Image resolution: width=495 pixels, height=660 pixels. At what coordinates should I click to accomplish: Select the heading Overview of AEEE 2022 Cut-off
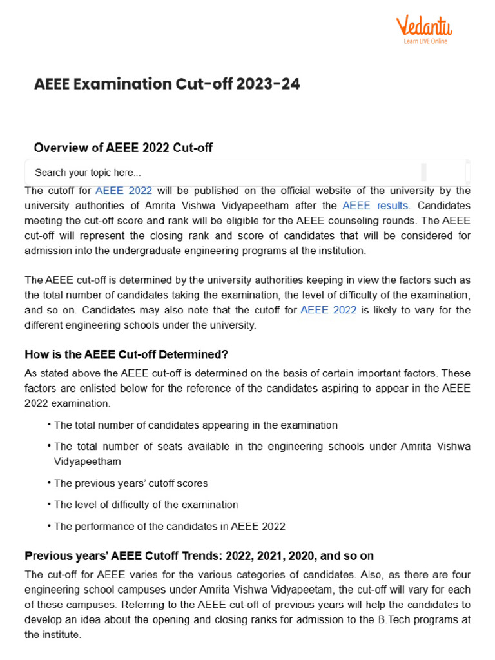click(x=123, y=148)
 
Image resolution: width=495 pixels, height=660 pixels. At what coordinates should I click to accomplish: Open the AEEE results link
click(x=376, y=206)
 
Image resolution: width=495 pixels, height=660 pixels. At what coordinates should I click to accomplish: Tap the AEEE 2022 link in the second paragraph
click(x=328, y=310)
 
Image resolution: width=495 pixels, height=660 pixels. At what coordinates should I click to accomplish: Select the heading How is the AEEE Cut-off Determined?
click(x=126, y=354)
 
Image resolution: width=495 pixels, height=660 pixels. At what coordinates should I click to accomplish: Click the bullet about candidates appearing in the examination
click(x=195, y=425)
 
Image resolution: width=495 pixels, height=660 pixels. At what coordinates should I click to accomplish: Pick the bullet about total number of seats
click(x=262, y=447)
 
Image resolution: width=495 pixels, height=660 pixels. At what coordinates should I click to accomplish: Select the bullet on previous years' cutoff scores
click(x=131, y=483)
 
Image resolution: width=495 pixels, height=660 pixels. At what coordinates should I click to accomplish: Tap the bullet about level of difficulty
click(x=146, y=505)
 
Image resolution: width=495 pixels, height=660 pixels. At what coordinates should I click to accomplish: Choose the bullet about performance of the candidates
click(x=170, y=526)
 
